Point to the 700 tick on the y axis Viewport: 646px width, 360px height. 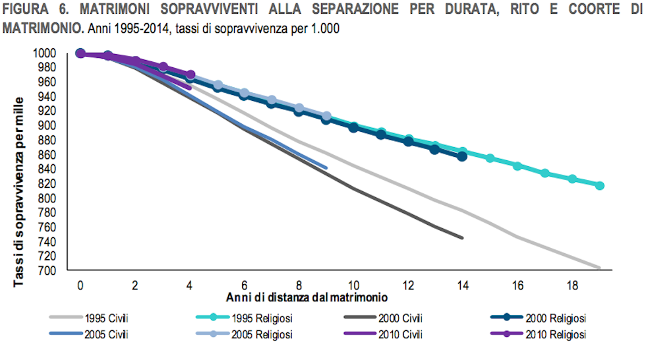click(x=55, y=270)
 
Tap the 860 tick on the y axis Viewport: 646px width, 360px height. click(x=55, y=154)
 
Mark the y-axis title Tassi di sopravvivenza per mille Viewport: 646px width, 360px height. click(x=19, y=191)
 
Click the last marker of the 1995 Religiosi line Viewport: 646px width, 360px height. click(x=600, y=186)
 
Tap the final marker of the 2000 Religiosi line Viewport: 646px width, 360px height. click(x=462, y=156)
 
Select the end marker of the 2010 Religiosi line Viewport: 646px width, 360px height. click(x=191, y=75)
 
